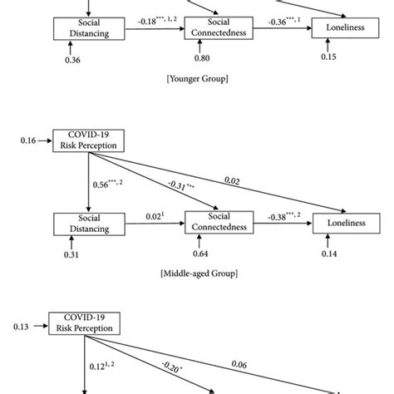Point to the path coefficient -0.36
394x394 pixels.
pos(275,19)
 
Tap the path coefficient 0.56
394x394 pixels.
pos(103,185)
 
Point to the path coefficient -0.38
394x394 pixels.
pos(275,214)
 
